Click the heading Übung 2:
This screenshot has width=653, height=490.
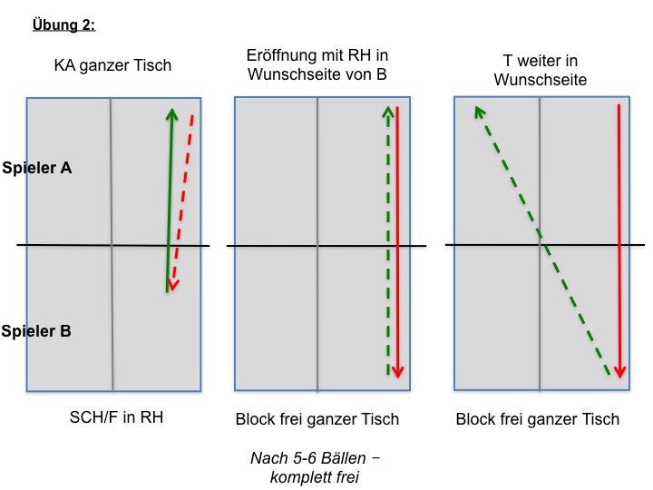[x=63, y=24]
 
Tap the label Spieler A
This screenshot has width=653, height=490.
[x=36, y=168]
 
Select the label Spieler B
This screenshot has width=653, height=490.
[x=35, y=331]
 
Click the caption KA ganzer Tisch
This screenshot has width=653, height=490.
[x=112, y=65]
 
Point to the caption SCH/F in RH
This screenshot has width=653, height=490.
[x=116, y=417]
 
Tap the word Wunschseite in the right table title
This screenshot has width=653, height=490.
[x=541, y=80]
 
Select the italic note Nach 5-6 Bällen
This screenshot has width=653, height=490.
[x=315, y=458]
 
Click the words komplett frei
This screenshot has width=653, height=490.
[x=315, y=477]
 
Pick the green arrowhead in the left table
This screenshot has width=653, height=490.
[x=171, y=113]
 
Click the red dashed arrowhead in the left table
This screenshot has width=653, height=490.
[x=173, y=285]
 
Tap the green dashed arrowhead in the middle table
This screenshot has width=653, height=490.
[x=388, y=112]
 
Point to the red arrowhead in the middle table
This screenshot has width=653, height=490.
[x=398, y=372]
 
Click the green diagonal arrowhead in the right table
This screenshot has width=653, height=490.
[x=480, y=112]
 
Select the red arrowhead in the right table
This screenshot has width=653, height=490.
[x=619, y=372]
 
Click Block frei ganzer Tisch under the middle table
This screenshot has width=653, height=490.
[x=317, y=419]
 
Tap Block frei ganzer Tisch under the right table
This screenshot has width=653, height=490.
[x=538, y=419]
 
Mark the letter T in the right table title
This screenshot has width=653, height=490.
[x=507, y=61]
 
